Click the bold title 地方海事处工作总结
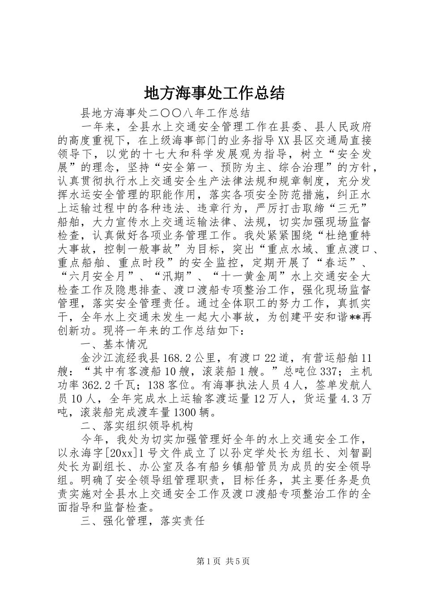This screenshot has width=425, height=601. pos(214,93)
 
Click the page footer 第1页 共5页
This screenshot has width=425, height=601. pos(223,562)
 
